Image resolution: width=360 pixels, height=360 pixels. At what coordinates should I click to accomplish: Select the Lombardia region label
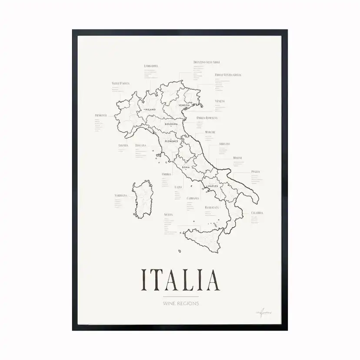pos(150,66)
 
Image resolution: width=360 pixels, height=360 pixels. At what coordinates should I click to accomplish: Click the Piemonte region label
pos(100,115)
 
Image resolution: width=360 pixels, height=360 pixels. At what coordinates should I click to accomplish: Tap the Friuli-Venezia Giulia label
pos(228,75)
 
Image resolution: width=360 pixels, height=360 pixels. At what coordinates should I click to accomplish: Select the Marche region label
pos(210,132)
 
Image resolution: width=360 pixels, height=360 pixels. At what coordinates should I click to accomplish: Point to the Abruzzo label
pos(224,143)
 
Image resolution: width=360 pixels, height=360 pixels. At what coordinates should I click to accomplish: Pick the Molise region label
pos(237,157)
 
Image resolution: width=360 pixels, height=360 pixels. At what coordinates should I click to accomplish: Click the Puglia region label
pos(255,172)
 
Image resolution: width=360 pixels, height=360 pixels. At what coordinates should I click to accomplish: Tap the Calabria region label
pos(257,213)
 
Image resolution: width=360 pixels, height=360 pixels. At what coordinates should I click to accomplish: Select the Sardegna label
pos(120,196)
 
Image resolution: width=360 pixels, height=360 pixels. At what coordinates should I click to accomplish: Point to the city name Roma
pos(186,167)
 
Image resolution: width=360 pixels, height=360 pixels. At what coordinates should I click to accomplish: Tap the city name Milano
pos(150,110)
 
